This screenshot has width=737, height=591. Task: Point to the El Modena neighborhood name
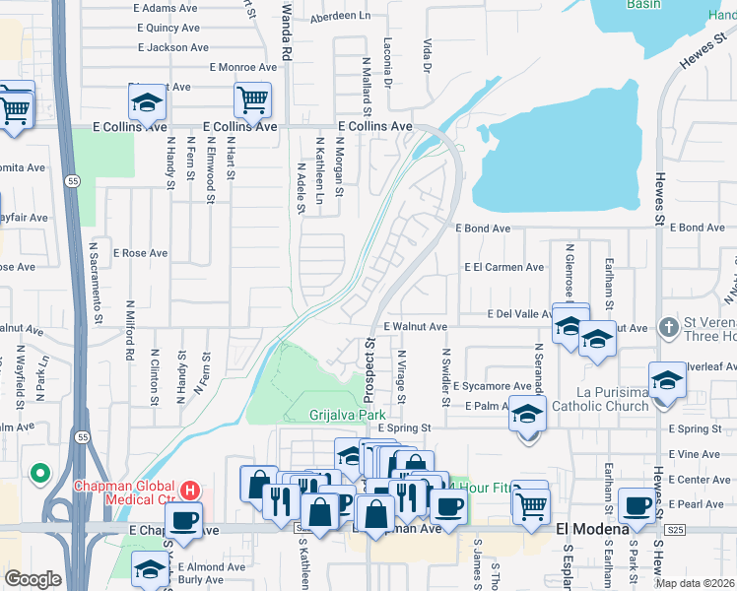tap(592, 529)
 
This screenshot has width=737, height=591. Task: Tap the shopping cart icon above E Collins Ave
tap(252, 99)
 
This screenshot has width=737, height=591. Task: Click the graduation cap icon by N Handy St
tap(146, 101)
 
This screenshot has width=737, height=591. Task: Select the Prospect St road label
tap(370, 372)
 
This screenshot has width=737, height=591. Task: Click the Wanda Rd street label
tap(288, 29)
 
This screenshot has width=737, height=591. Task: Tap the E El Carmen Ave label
tap(504, 267)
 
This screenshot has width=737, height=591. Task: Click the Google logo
tap(33, 579)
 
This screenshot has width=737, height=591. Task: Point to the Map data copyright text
tap(696, 583)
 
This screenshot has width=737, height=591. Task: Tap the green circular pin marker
tap(40, 474)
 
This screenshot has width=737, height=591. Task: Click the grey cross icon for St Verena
tap(667, 326)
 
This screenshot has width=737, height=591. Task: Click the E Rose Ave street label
tap(140, 253)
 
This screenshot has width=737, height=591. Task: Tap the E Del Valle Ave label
tap(524, 314)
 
